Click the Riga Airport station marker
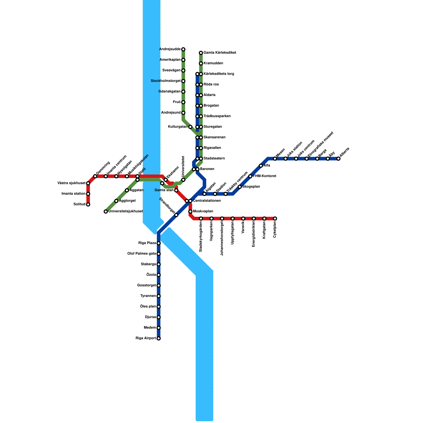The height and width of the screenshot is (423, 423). [159, 338]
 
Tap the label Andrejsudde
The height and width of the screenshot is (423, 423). [170, 49]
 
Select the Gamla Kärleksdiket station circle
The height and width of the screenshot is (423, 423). [201, 53]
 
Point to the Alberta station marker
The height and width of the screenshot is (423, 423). [338, 159]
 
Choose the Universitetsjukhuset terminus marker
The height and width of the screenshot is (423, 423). [106, 212]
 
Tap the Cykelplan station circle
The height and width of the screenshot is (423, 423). [275, 218]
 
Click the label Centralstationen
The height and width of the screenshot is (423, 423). [207, 201]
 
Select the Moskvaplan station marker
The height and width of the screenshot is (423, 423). [190, 212]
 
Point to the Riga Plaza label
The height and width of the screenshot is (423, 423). [147, 243]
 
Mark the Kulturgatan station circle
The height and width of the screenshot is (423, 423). [190, 127]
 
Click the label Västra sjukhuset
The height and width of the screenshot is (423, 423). [71, 183]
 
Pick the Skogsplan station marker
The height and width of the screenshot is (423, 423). [240, 187]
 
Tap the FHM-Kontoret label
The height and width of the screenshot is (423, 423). [264, 176]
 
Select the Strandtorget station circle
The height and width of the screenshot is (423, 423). [176, 215]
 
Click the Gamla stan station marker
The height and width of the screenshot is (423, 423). [176, 190]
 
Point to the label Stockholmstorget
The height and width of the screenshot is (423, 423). [165, 81]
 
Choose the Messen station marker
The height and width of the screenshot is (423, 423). [275, 159]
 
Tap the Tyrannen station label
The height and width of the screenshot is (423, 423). [148, 296]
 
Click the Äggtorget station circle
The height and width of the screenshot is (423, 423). [116, 201]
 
